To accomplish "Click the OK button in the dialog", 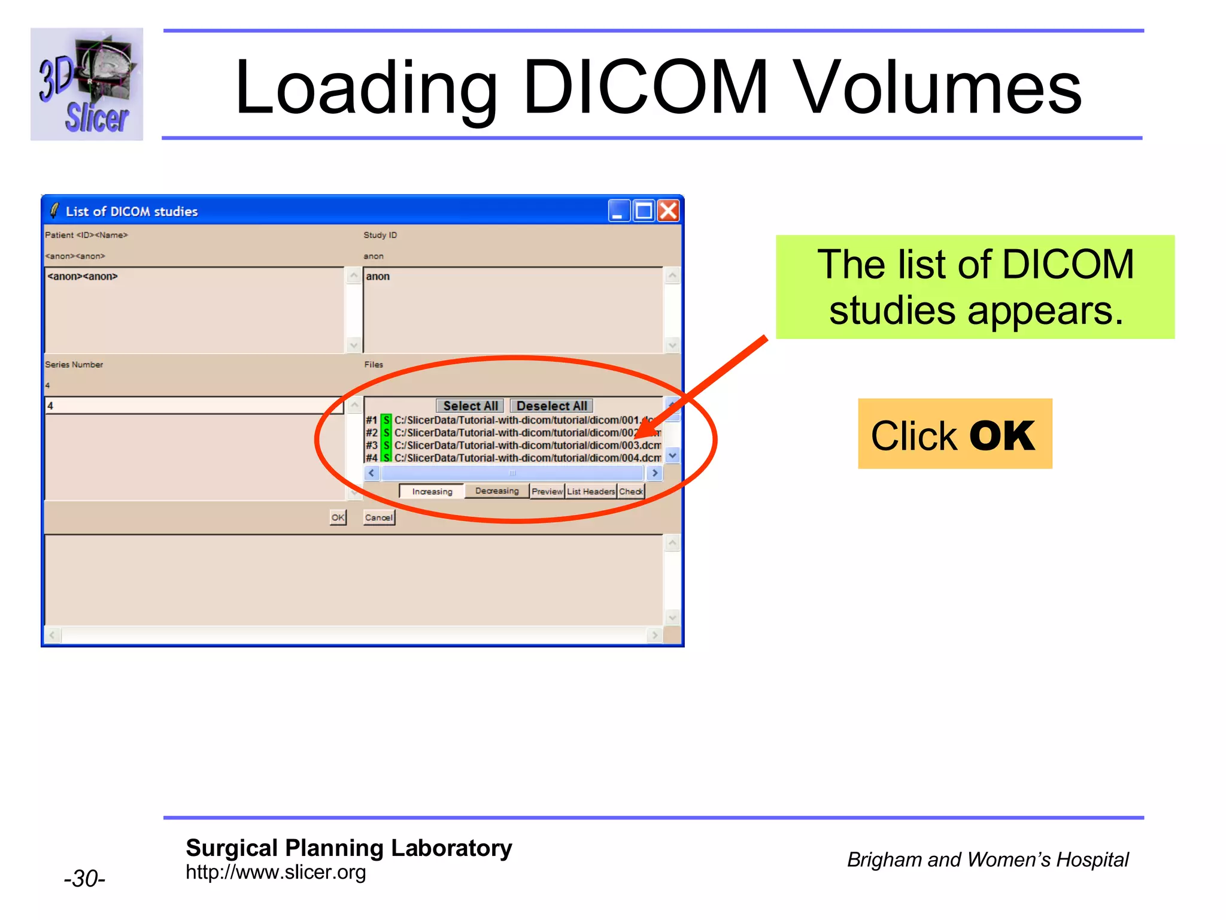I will [x=338, y=517].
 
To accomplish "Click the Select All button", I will [x=470, y=406].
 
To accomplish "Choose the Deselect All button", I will [x=551, y=406].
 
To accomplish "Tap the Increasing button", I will [x=432, y=492].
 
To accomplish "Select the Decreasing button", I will [x=497, y=491].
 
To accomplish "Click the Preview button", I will [x=547, y=492].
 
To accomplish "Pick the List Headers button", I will [x=591, y=492].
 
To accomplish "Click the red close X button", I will [x=668, y=211].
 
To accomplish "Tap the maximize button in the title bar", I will [x=644, y=211].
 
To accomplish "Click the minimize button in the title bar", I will [x=619, y=211].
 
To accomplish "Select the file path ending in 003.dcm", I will [x=527, y=446].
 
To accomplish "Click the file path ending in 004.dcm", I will [x=527, y=458].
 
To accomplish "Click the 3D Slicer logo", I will [x=87, y=84].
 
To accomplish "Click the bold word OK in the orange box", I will [x=1002, y=435].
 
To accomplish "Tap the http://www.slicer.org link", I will [x=275, y=873].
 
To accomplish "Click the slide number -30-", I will [x=84, y=879].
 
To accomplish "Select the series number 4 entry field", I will [x=194, y=406].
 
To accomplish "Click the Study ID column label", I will [x=380, y=235].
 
